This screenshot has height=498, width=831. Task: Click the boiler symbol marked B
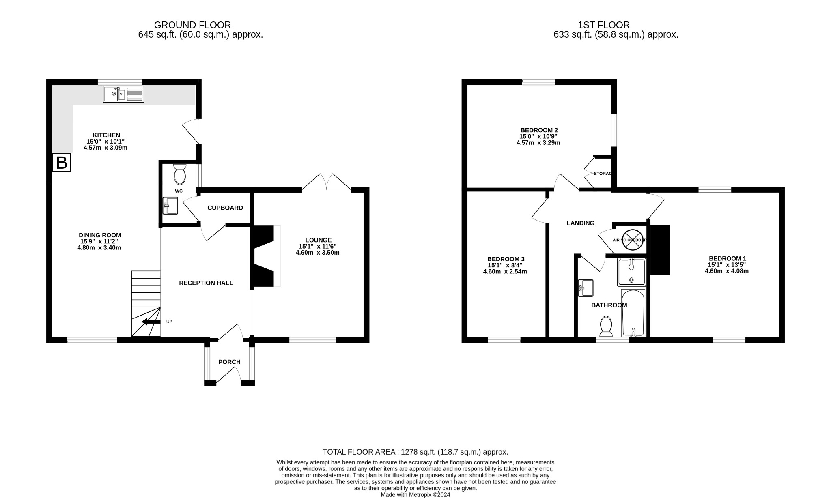(x=62, y=163)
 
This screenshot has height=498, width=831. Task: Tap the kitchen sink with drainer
(x=123, y=94)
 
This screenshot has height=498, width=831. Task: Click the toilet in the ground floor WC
(x=179, y=174)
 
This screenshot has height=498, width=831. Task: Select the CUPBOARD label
(x=225, y=208)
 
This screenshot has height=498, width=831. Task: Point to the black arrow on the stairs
(x=151, y=322)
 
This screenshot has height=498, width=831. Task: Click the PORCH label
(x=229, y=362)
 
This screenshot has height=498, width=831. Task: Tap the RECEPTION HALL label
(x=206, y=283)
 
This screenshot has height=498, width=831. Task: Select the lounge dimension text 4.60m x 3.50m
(x=317, y=252)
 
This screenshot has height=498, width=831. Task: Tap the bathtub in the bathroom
(x=633, y=313)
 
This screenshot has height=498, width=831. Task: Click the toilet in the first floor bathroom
(x=606, y=326)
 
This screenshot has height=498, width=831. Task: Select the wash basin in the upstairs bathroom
(x=586, y=288)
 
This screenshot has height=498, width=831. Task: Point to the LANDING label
(x=580, y=223)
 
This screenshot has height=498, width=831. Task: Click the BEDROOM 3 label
(x=506, y=259)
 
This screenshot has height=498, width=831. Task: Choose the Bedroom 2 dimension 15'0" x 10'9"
(x=538, y=137)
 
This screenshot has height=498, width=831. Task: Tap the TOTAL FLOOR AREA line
(x=415, y=452)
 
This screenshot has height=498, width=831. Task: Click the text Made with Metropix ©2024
(x=415, y=495)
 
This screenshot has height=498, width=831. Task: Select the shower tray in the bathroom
(x=631, y=272)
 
